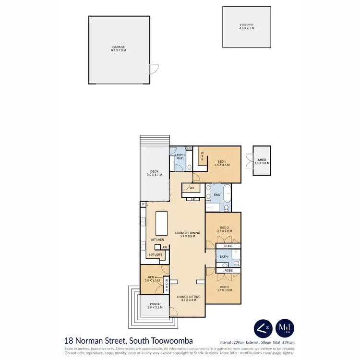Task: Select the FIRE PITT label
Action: pyautogui.click(x=246, y=24)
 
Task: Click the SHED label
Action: pyautogui.click(x=262, y=160)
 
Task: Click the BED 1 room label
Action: pyautogui.click(x=221, y=161)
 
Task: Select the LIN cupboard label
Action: pyautogui.click(x=189, y=149)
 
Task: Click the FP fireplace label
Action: pyautogui.click(x=192, y=199)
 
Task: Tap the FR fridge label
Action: pyautogui.click(x=165, y=247)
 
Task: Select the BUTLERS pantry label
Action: pyautogui.click(x=155, y=255)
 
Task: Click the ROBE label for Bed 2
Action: pyautogui.click(x=228, y=246)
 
